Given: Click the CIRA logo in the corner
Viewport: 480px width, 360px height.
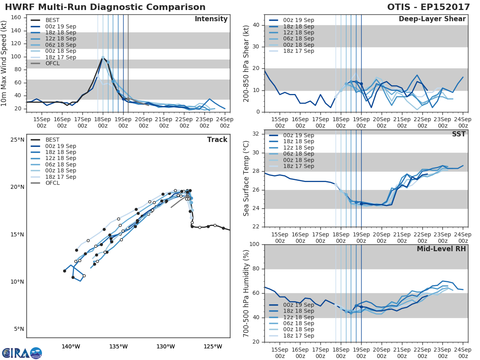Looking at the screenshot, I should coord(22,353).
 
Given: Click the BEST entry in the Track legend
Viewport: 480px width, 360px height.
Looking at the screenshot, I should coord(52,140).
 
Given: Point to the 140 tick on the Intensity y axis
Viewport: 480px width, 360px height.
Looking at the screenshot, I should coord(16,30).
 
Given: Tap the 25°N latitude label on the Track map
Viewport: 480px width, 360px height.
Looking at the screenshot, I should coord(17,140).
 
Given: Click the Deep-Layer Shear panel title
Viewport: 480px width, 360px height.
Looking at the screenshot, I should coord(432,19).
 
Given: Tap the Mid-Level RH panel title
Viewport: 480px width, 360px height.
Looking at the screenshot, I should coord(441,249).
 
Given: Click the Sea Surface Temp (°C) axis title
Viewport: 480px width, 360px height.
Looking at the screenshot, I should coord(246,178).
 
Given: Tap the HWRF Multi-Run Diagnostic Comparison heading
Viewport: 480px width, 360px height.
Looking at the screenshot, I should coord(105,7).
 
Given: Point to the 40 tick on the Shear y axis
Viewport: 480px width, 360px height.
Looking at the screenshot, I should coord(256,25).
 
